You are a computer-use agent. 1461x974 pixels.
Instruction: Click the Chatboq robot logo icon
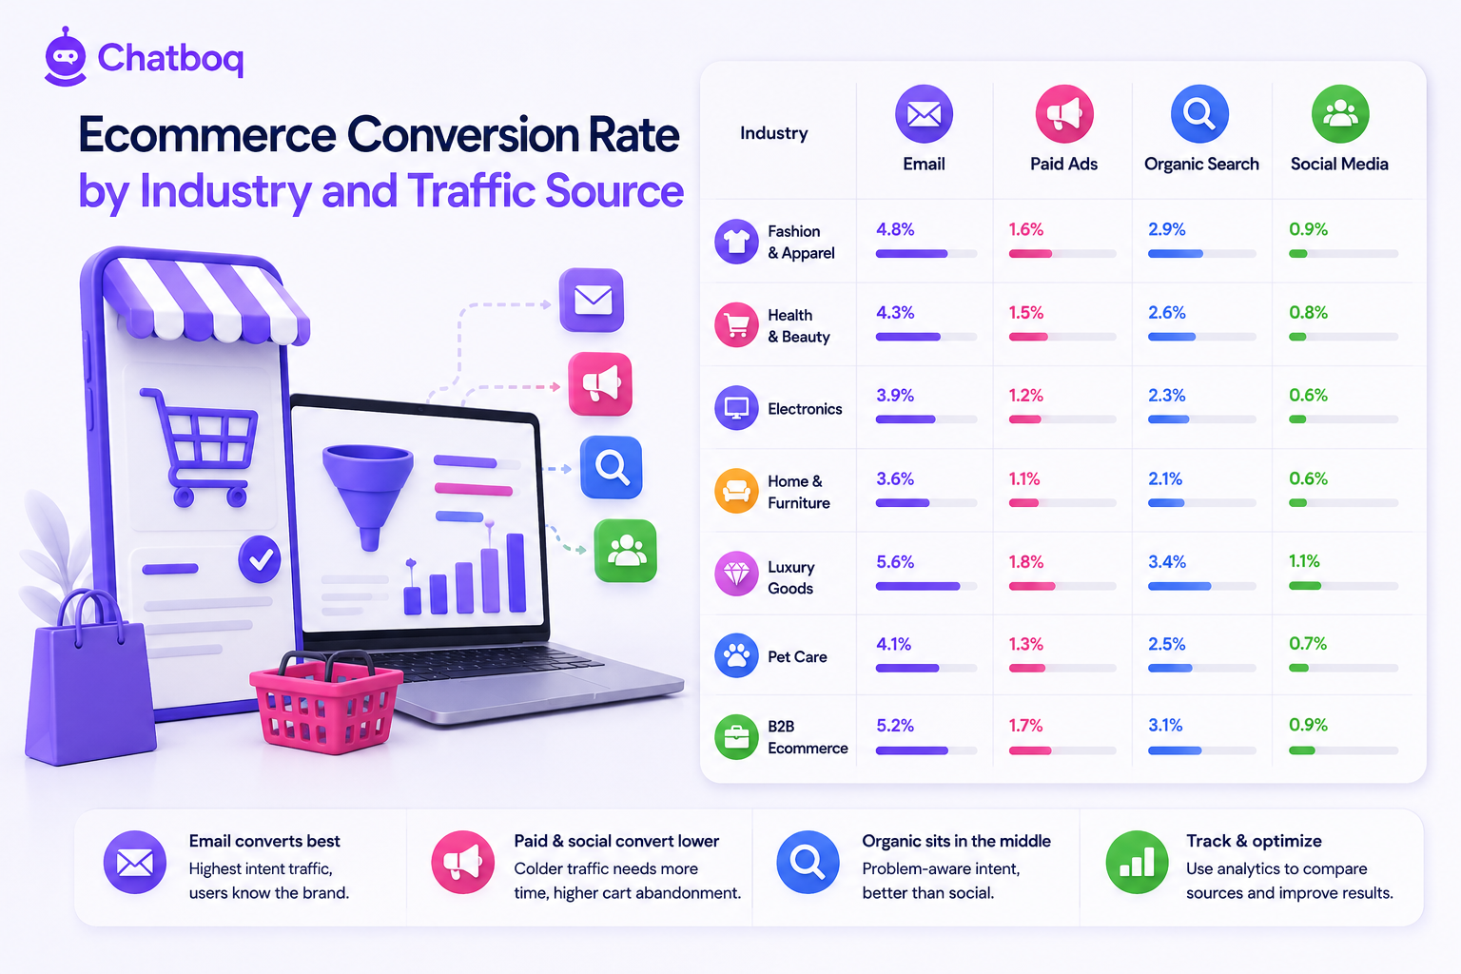click(66, 57)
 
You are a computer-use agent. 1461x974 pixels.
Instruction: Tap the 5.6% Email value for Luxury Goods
click(895, 562)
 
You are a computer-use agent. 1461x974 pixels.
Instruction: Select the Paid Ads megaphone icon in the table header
click(1063, 114)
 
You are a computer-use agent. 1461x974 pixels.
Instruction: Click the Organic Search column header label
click(1201, 164)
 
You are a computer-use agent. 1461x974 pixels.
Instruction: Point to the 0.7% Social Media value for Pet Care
click(1308, 644)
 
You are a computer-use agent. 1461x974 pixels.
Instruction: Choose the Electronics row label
click(805, 409)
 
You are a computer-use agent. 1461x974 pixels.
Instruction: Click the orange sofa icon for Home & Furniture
click(736, 491)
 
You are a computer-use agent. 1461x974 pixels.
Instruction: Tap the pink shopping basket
click(326, 702)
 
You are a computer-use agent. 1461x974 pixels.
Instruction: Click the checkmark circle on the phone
click(260, 559)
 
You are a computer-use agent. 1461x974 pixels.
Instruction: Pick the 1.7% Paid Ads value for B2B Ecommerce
click(1025, 726)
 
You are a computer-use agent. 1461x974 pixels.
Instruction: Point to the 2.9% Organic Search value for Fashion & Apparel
click(1167, 229)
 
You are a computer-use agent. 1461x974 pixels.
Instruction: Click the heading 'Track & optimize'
click(1254, 841)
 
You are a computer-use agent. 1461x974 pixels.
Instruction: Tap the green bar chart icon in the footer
click(1137, 862)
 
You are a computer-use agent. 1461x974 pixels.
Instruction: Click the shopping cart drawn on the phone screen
click(200, 447)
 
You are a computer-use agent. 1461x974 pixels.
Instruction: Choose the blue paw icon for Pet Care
click(736, 655)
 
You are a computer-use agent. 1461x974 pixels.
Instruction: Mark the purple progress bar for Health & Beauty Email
click(908, 337)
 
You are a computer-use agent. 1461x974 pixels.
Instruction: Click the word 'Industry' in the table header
click(773, 133)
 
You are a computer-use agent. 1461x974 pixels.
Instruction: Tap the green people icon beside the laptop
click(626, 551)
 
